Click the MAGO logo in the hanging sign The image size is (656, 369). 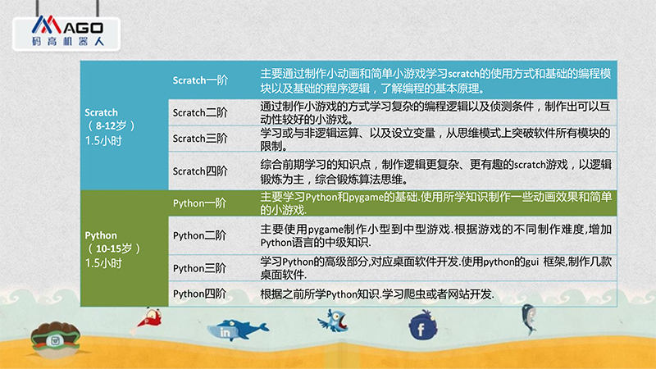pos(67,31)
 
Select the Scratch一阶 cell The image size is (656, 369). pos(200,80)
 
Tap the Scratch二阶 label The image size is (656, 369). pos(200,112)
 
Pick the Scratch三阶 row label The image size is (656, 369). pos(200,139)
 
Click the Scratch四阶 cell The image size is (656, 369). pos(200,171)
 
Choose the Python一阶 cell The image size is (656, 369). pos(199,203)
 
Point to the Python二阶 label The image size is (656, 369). pos(199,235)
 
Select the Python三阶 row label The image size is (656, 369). pos(199,268)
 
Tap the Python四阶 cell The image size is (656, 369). pos(199,294)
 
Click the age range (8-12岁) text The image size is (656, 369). pos(111,126)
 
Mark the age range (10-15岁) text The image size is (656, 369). pos(113,249)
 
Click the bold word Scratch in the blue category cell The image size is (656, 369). pos(101,112)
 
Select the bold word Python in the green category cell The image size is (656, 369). pos(101,235)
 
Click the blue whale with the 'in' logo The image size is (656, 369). pos(237,330)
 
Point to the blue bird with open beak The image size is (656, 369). pos(334,321)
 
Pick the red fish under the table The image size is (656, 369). pos(148,321)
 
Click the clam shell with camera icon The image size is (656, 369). pos(55,339)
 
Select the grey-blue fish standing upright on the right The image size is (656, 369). pos(528,319)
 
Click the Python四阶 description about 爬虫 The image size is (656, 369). pos(377,294)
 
